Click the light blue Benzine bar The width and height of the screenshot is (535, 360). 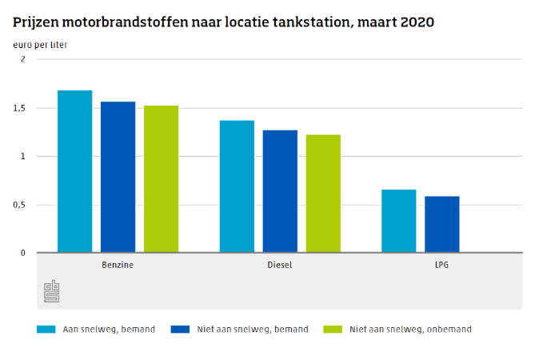point(74,171)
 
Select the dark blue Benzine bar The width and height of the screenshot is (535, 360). point(118,177)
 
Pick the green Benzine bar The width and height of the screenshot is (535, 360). point(161,179)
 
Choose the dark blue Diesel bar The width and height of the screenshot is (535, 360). point(280,191)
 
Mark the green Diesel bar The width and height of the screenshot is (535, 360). point(323,194)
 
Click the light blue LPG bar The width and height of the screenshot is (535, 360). point(398,221)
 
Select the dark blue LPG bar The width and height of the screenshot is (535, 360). point(441,225)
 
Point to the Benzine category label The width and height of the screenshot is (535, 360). point(118,264)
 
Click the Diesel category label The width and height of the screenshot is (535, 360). point(280,264)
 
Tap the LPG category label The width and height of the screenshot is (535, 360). point(441,264)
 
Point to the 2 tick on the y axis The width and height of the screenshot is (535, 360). point(22,60)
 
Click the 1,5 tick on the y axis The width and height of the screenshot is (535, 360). point(19,108)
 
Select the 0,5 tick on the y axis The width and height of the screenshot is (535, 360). point(19,205)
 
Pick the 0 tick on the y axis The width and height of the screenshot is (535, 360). point(22,253)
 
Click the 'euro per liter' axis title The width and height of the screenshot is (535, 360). point(40,45)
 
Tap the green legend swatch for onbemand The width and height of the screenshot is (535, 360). point(332,329)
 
